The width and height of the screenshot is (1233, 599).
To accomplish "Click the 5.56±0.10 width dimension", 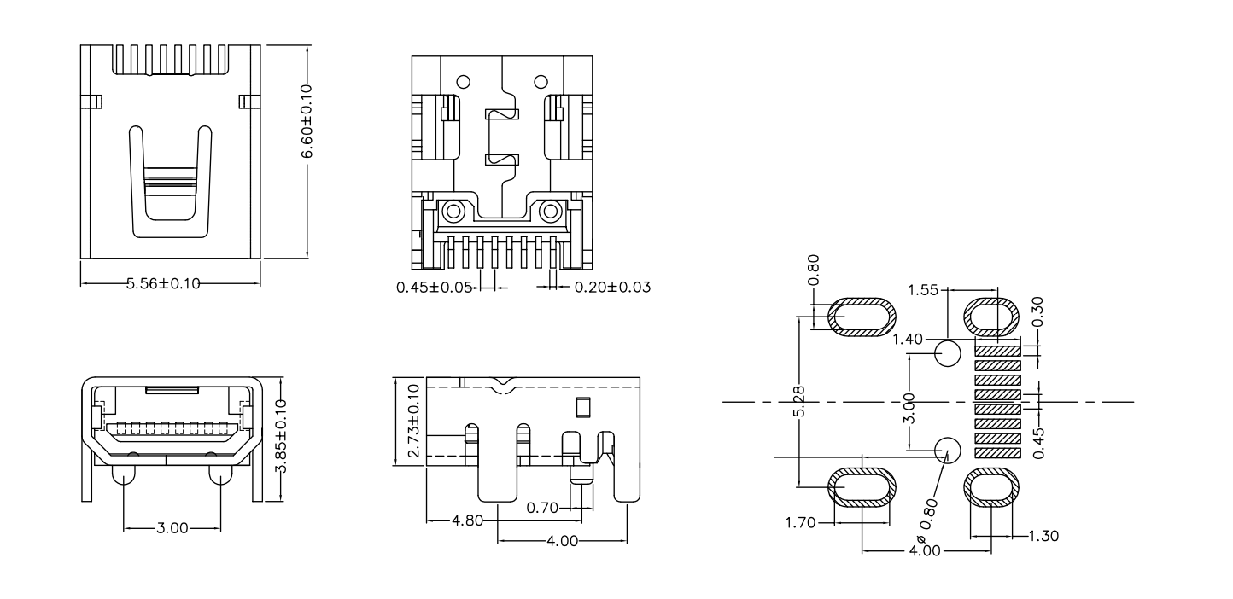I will coord(163,284).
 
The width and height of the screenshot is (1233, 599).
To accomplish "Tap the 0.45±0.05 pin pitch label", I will coord(434,288).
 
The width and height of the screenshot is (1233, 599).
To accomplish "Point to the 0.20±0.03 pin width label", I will coord(612,288).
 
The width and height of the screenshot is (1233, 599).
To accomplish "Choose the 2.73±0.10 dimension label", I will coord(413,422).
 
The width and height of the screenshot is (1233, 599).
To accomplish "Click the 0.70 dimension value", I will coord(543,508).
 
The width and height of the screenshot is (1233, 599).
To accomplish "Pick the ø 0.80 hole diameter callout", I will coord(929,516).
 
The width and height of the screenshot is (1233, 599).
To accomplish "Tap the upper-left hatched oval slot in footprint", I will coord(862,317).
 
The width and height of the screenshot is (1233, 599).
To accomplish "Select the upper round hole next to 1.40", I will coord(948,352).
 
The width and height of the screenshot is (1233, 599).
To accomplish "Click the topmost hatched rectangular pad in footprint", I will coord(998,350).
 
